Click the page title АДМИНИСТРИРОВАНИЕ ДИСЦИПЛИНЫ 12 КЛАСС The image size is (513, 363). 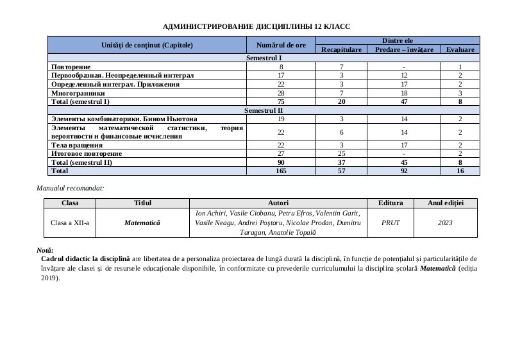[x=256, y=26]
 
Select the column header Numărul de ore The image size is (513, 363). [x=281, y=45]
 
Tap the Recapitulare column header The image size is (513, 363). [x=342, y=49]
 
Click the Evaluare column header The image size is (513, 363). [x=460, y=49]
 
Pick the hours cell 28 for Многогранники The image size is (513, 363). [x=281, y=93]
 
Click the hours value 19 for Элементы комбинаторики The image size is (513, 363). [x=281, y=119]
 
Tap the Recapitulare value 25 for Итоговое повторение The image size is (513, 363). [x=342, y=154]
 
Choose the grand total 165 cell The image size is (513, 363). [x=281, y=171]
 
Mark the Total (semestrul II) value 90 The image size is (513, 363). [x=281, y=163]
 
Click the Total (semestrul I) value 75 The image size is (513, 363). [x=281, y=101]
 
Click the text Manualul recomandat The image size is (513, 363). [x=71, y=188]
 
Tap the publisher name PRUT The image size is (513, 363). [x=391, y=223]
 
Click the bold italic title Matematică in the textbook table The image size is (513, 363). [x=143, y=223]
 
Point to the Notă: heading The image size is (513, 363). [x=46, y=249]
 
